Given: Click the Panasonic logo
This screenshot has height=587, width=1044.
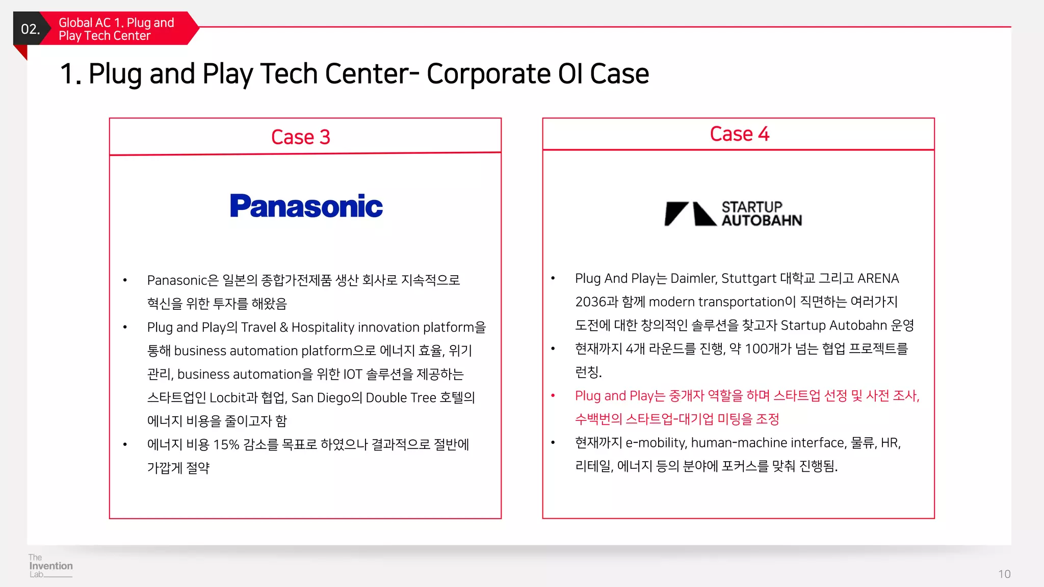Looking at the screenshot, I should click(306, 206).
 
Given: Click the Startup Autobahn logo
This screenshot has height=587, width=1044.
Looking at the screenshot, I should click(734, 214).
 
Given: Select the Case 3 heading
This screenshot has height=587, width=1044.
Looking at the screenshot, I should click(301, 137).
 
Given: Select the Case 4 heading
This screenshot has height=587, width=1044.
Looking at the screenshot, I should click(739, 134).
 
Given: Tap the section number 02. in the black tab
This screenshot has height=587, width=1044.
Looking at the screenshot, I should click(30, 29).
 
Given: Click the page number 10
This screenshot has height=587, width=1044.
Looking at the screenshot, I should click(1004, 574).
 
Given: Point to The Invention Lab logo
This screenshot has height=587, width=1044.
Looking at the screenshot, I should click(50, 566).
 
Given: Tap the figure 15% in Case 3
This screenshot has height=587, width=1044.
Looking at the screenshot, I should click(226, 444).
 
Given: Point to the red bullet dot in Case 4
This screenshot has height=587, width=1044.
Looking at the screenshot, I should click(553, 395).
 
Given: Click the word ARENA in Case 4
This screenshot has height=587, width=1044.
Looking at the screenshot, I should click(878, 278).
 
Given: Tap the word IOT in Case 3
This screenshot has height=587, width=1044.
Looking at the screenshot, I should click(352, 374).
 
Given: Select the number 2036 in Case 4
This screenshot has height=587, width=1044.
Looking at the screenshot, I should click(590, 302).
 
